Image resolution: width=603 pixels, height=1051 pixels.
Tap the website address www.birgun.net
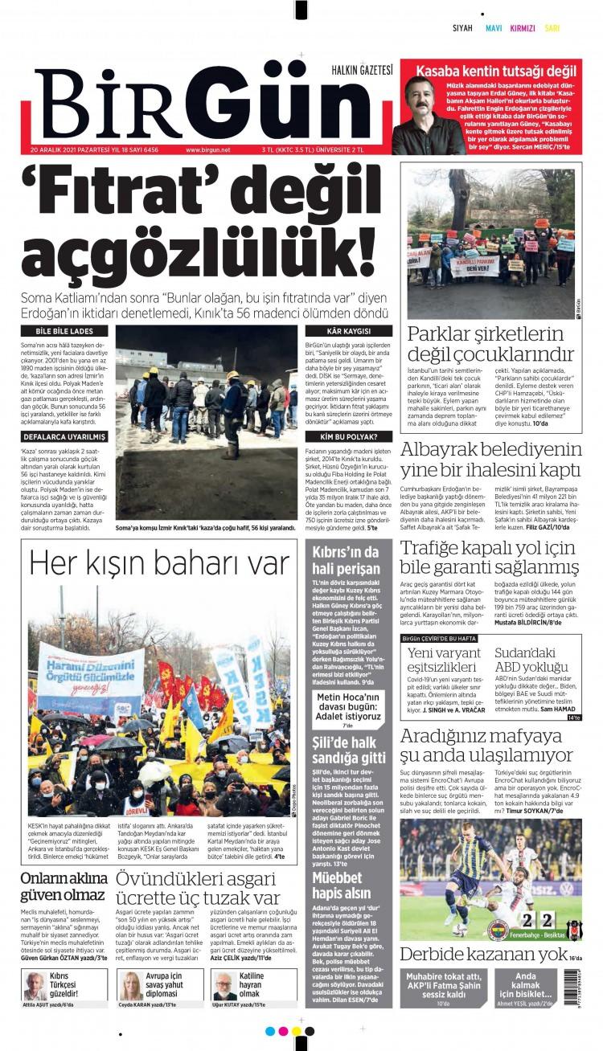pos(207,149)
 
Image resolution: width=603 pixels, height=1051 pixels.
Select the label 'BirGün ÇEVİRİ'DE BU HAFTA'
pos(449,638)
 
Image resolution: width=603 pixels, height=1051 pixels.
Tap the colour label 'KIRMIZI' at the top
pos(523,28)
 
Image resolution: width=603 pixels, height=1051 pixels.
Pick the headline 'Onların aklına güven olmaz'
pos(63,886)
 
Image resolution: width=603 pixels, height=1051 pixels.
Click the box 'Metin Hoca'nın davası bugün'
pos(347,705)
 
